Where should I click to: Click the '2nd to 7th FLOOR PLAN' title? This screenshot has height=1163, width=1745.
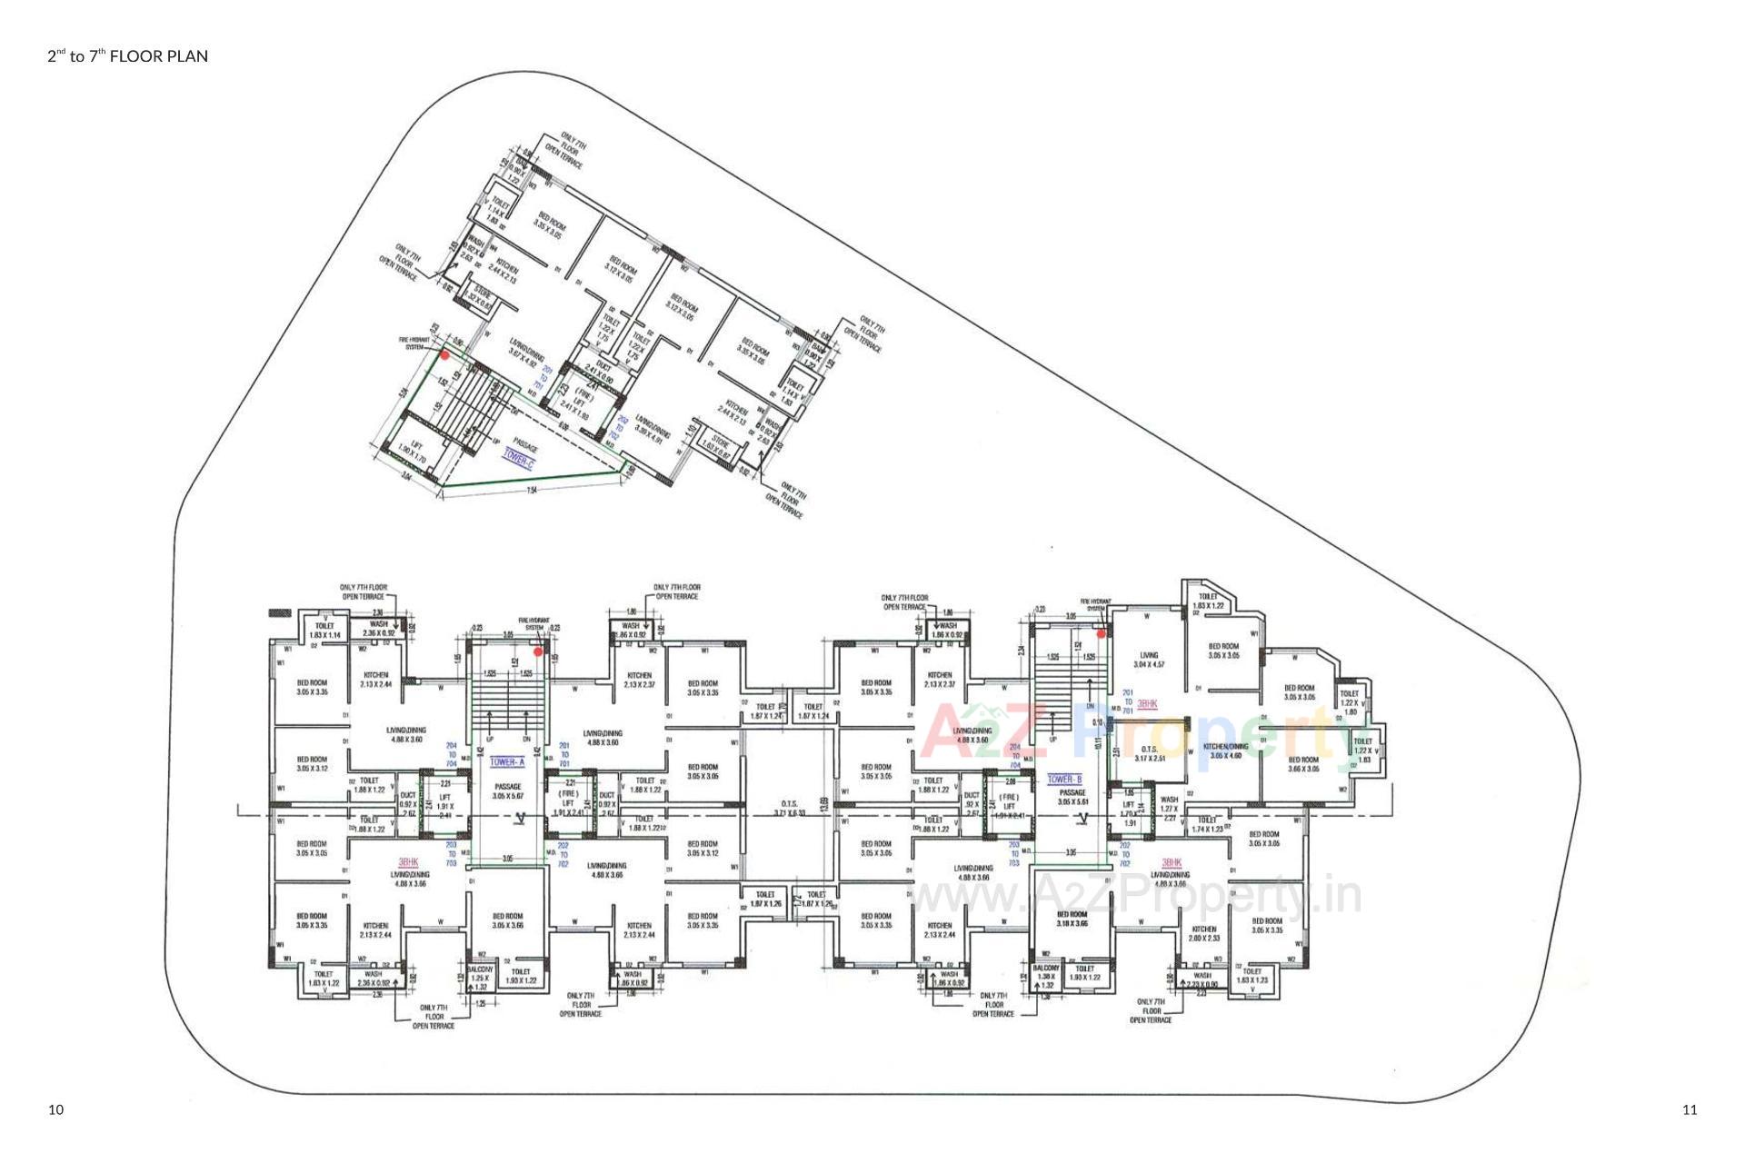tap(128, 56)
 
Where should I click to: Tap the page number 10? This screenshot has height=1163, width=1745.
tap(56, 1109)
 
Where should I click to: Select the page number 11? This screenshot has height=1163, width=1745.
tap(1690, 1109)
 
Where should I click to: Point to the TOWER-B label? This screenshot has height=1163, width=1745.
tap(1064, 780)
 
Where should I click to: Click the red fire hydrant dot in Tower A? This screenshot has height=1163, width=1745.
tap(538, 651)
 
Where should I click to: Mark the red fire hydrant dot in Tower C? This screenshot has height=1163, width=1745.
tap(444, 355)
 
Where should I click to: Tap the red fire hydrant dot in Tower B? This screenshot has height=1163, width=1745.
tap(1100, 632)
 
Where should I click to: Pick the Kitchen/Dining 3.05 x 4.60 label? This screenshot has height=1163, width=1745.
tap(1223, 750)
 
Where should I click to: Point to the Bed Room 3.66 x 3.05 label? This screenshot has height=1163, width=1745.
tap(1303, 764)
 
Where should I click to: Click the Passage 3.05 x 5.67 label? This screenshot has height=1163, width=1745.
tap(507, 791)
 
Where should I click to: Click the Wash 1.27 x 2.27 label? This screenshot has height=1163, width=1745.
tap(1169, 809)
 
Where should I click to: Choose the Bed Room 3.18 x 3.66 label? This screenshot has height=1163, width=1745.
tap(1072, 919)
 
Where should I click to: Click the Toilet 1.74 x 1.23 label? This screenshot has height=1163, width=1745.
tap(1206, 824)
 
